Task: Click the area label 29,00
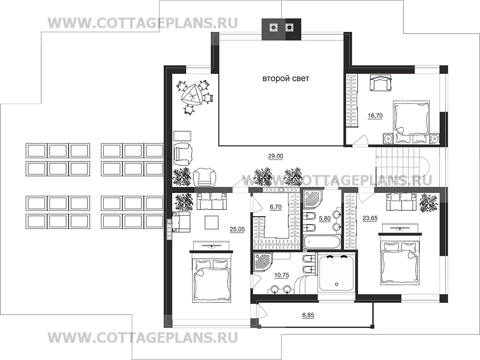276,156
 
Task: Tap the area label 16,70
375,116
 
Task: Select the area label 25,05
237,229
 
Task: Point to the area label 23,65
370,218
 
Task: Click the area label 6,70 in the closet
276,207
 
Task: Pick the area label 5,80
325,219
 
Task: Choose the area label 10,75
281,275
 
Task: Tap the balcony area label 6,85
308,315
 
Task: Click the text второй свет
286,79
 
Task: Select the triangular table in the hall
191,95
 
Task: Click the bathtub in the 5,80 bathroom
321,242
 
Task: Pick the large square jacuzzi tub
337,272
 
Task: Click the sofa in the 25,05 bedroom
212,202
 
